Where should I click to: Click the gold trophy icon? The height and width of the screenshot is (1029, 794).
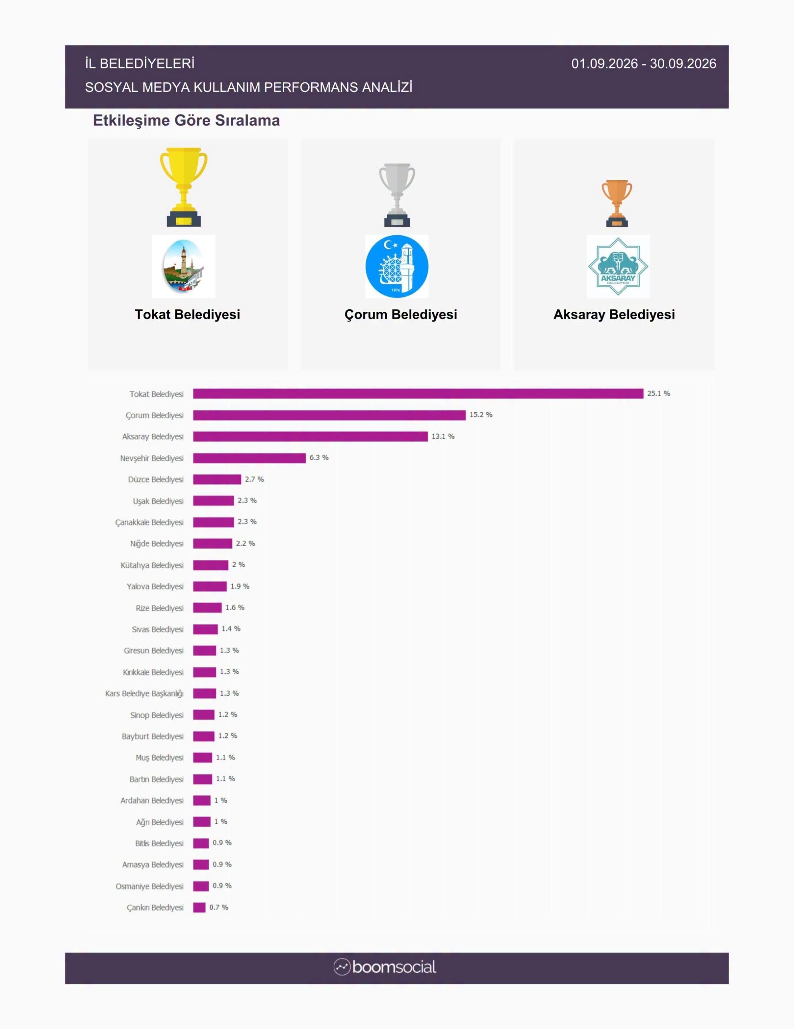click(184, 187)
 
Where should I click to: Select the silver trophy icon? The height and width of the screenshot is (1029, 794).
click(397, 195)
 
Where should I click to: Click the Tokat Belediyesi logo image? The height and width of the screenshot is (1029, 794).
click(184, 267)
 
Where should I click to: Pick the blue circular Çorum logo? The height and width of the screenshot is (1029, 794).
click(397, 267)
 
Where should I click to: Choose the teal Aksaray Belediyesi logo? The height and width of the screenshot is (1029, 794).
click(618, 267)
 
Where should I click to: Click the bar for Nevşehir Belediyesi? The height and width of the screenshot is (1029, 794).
click(250, 458)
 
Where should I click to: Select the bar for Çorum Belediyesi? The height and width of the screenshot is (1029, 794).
click(329, 415)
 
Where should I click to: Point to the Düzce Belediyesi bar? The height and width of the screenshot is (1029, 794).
click(217, 479)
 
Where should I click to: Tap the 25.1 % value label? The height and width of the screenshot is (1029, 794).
click(659, 393)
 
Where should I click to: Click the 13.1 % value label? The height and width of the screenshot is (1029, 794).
click(443, 436)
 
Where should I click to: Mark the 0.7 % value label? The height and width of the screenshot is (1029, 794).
click(219, 907)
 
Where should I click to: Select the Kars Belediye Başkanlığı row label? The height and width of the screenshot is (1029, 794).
click(144, 694)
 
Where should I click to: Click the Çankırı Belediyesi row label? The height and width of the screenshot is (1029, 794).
click(155, 908)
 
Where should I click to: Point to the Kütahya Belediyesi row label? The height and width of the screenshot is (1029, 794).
click(152, 565)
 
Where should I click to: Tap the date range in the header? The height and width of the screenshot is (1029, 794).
click(644, 64)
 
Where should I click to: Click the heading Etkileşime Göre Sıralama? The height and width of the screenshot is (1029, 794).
click(187, 121)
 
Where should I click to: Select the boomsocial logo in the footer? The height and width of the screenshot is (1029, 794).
click(385, 967)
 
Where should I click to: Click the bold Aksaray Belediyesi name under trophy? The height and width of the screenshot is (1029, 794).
click(614, 315)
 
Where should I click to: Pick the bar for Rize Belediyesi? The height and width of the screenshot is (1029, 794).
click(207, 608)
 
